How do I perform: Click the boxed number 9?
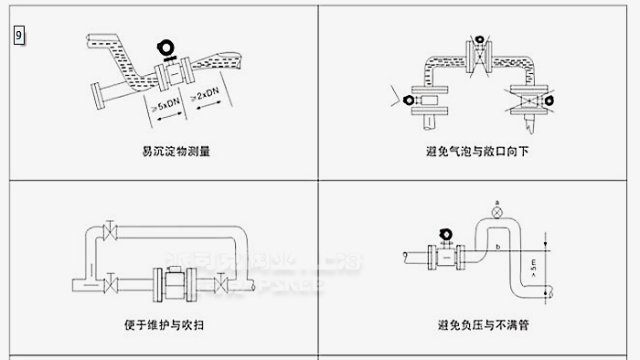point(19,36)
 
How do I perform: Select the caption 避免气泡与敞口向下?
point(476,151)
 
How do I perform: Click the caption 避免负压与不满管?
point(476,323)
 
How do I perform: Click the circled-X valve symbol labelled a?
point(496,212)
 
